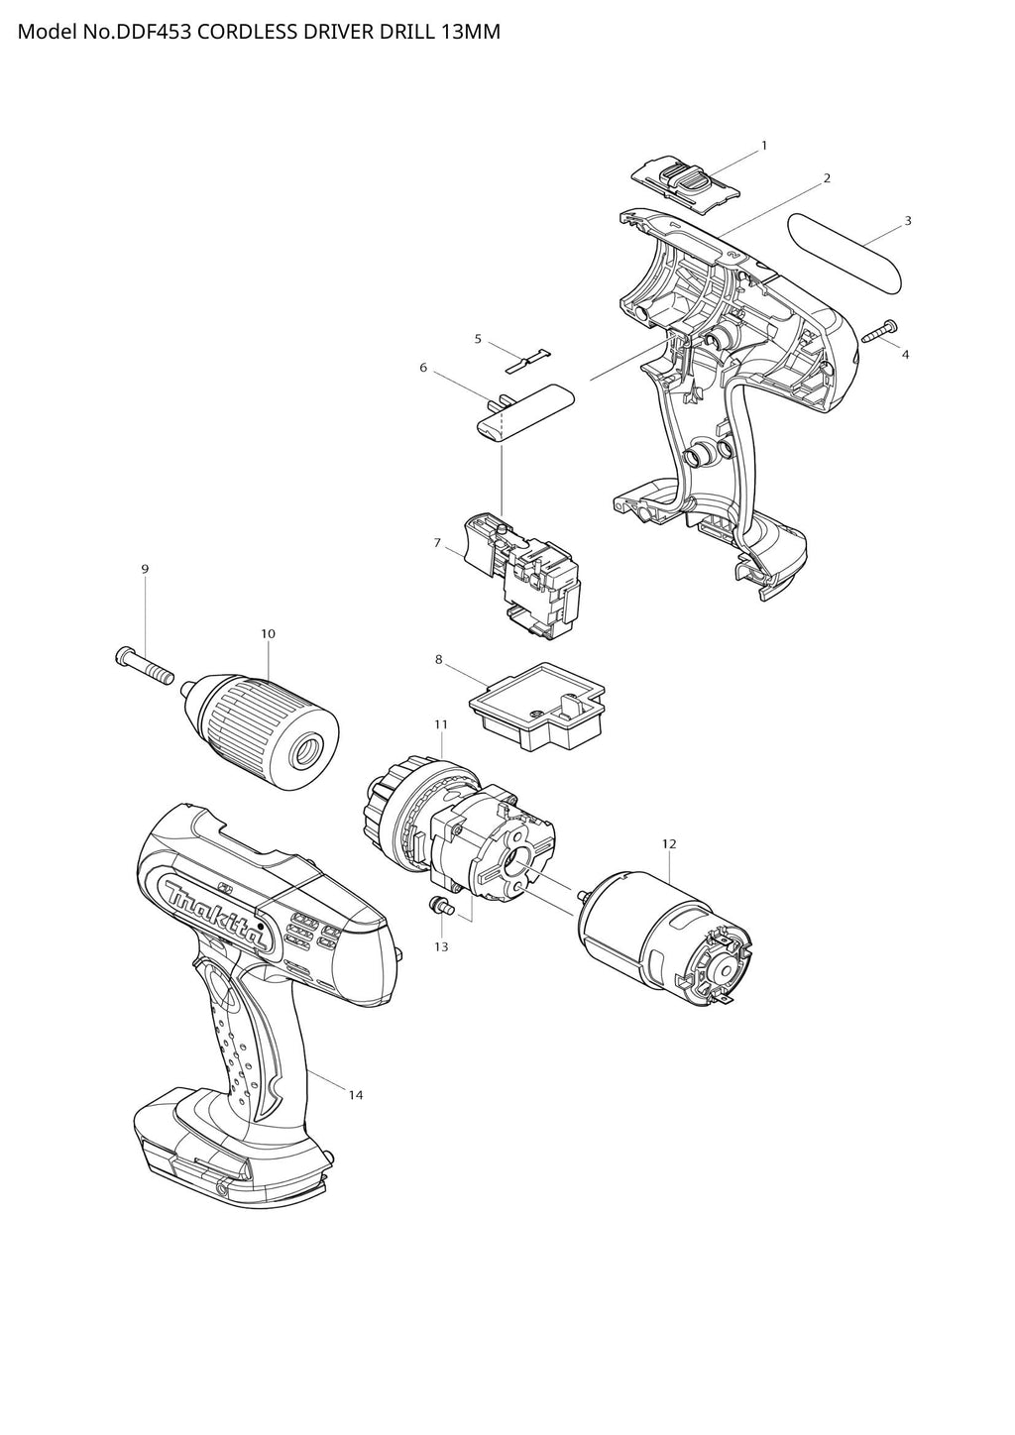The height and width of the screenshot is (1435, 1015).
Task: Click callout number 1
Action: [x=763, y=146]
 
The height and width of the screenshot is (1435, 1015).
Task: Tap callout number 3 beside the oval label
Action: [x=907, y=221]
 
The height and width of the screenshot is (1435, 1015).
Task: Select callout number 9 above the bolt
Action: [x=145, y=568]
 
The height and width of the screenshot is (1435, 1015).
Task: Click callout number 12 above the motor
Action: [x=668, y=843]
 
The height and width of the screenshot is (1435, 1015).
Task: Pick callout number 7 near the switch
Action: [x=437, y=543]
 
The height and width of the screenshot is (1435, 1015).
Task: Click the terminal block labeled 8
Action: [x=537, y=707]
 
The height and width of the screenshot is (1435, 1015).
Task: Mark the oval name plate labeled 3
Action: [x=846, y=255]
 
